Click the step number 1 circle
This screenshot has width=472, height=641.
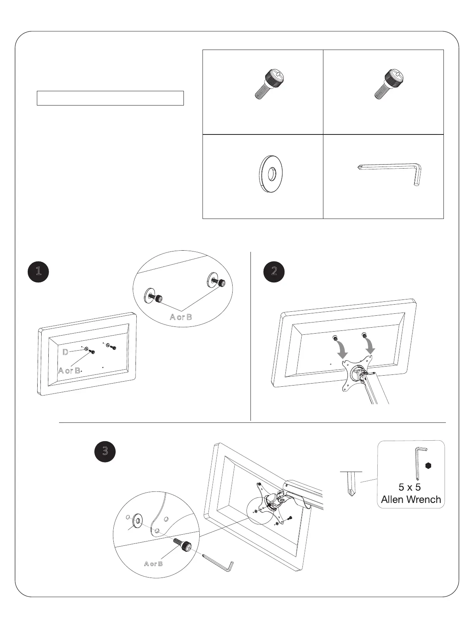[38, 271]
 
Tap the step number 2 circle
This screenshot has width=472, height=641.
[274, 271]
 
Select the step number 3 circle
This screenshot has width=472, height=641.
[105, 451]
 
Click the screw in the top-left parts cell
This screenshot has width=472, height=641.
[269, 83]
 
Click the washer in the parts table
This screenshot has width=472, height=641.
[270, 174]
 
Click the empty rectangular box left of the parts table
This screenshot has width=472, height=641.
[110, 98]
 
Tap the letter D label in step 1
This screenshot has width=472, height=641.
[65, 352]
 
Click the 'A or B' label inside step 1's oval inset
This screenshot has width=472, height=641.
[181, 317]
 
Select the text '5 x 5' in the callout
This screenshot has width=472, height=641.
[409, 487]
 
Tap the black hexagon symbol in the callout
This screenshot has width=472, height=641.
[428, 465]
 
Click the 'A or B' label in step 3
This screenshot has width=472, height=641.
[153, 564]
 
